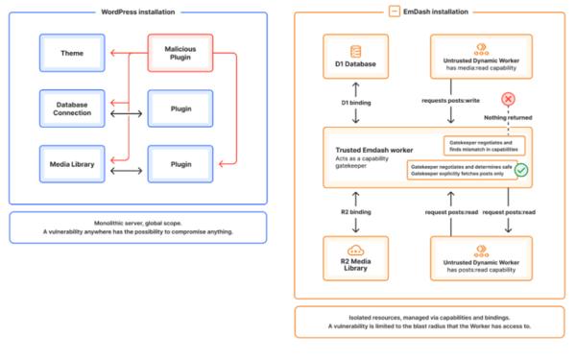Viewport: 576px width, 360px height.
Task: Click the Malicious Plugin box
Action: click(180, 52)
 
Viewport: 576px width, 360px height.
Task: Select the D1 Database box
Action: click(356, 57)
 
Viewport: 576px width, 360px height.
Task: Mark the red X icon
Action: click(509, 99)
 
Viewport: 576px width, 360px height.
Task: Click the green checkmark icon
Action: click(521, 169)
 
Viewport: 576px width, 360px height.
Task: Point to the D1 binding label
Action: click(356, 102)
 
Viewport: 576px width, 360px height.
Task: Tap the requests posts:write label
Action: click(450, 102)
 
